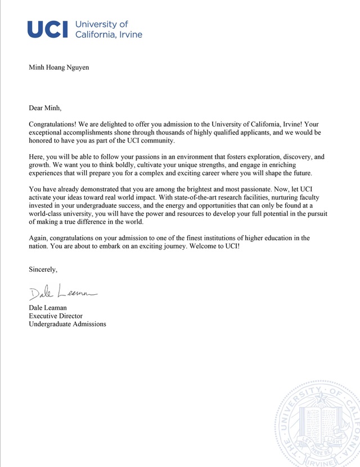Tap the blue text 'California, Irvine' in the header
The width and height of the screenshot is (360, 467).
[x=109, y=34]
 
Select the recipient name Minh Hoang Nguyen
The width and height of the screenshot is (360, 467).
[x=58, y=68]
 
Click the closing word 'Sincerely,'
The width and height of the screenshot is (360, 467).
[x=43, y=271]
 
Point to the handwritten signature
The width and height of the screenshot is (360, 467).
[x=62, y=293]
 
